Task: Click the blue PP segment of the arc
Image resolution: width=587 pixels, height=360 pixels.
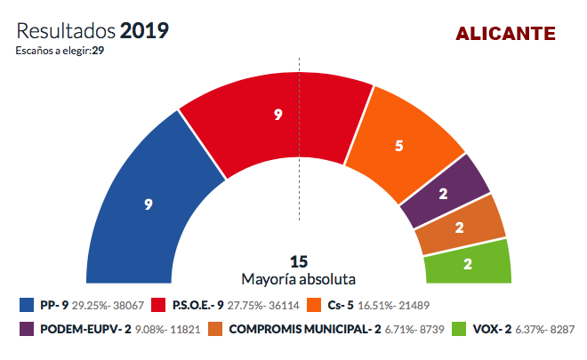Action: coord(146,210)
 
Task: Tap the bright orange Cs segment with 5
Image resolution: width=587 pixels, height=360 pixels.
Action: coord(399,146)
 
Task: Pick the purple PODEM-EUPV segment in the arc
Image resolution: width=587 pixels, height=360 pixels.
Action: coord(444,194)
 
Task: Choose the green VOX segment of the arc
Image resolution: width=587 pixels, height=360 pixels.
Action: coord(468,264)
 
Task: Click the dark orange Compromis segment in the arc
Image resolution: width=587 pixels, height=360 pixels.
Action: coord(460,228)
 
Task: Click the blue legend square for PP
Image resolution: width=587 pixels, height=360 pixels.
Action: coord(27,305)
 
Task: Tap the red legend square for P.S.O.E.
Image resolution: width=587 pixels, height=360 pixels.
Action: coord(158,305)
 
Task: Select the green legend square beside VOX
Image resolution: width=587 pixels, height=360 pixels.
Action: coord(459,329)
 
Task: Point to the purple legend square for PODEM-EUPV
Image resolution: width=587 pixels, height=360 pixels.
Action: coord(27,329)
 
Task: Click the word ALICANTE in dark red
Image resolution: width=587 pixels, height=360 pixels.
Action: coord(505,34)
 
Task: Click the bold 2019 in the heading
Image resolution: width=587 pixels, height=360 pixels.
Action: coord(144,31)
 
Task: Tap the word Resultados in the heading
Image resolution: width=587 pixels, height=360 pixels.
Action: coord(66,31)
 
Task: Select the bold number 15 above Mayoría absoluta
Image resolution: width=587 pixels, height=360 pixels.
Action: coord(299,261)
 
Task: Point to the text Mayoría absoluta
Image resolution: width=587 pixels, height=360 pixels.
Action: coord(298,279)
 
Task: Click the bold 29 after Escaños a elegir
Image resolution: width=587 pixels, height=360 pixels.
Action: coord(98,51)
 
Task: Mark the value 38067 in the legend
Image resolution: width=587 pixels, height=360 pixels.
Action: coord(128,306)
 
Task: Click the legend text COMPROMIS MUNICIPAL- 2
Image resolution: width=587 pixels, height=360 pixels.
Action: coord(305,329)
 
